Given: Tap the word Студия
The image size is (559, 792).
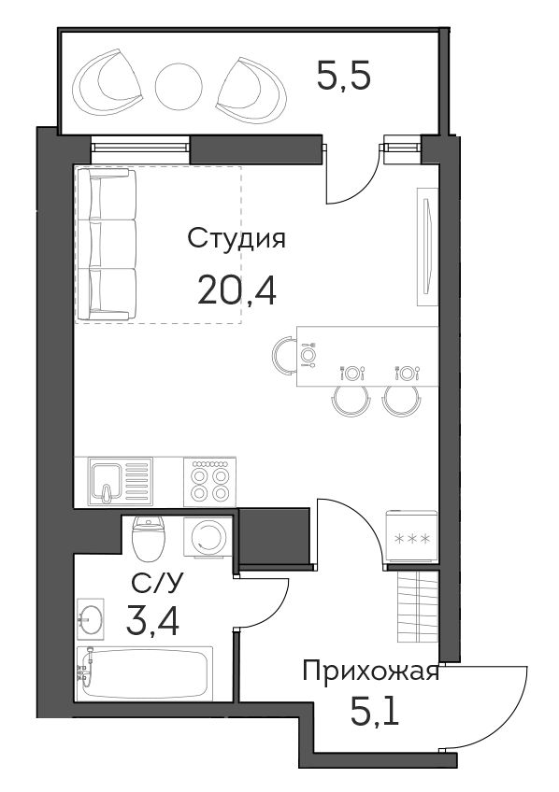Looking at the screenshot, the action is [x=236, y=239].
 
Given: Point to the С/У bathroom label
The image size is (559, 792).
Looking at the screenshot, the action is [x=156, y=585].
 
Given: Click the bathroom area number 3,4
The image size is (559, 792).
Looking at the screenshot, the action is [x=152, y=621].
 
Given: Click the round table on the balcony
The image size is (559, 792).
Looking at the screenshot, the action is [x=179, y=87].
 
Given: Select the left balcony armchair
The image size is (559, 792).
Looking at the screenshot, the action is [x=107, y=83].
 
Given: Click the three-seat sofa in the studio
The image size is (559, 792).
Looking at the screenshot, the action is [x=107, y=245].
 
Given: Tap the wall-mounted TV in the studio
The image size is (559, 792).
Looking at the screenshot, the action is [x=427, y=247].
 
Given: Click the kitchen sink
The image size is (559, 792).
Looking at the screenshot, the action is [x=121, y=481].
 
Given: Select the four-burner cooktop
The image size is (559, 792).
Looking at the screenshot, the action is [x=209, y=481].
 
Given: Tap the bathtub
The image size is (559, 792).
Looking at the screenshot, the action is [x=145, y=673].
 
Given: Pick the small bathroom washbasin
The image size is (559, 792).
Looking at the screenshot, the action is [x=91, y=616].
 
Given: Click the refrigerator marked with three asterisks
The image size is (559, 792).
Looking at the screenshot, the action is [x=411, y=536].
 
